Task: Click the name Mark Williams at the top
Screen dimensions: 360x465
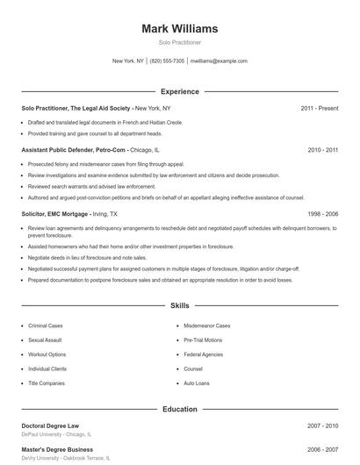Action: tap(179, 29)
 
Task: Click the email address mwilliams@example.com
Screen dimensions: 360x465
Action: tap(219, 61)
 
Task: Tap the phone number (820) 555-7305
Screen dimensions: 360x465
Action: tap(167, 61)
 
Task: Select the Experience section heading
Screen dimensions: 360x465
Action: tap(179, 91)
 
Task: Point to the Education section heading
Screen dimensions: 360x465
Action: tap(179, 409)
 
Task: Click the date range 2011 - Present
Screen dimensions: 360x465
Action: tap(319, 108)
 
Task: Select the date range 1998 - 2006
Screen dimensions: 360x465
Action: tap(322, 213)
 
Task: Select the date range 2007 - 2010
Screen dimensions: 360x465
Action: tap(322, 426)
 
